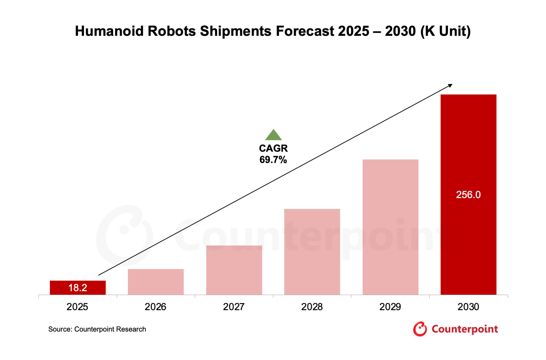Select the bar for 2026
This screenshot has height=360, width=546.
[x=156, y=282]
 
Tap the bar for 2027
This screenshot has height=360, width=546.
[x=234, y=270]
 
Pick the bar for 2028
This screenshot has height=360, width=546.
[x=312, y=252]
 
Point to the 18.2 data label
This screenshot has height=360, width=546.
[x=78, y=288]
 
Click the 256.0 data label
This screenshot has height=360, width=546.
[x=468, y=195]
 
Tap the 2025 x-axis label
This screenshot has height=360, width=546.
[x=77, y=307]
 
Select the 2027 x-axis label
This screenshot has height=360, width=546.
[x=234, y=307]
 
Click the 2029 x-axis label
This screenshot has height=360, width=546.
[x=390, y=307]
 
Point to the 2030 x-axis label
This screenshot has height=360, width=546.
[x=468, y=307]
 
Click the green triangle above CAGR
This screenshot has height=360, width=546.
[x=273, y=135]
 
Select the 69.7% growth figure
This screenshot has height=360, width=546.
[x=273, y=160]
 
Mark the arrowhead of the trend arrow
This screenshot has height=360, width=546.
[x=450, y=86]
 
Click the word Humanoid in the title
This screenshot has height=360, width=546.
[x=109, y=31]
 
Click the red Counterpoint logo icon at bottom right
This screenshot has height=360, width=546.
[x=420, y=329]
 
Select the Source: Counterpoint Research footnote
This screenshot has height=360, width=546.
[x=97, y=329]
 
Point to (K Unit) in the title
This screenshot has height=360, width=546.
[x=446, y=31]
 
